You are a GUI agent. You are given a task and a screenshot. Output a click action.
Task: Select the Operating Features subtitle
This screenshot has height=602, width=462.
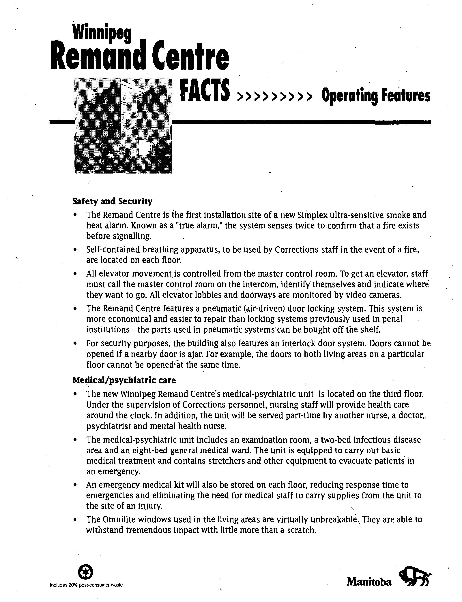[376, 96]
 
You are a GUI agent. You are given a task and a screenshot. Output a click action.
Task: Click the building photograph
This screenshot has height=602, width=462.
[123, 126]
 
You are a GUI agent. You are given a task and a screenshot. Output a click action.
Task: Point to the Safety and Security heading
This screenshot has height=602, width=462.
[112, 201]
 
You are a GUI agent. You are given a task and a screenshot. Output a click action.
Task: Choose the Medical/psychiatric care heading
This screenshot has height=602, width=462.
[124, 380]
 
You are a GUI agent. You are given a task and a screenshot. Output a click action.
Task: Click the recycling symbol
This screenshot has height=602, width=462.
[86, 572]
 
